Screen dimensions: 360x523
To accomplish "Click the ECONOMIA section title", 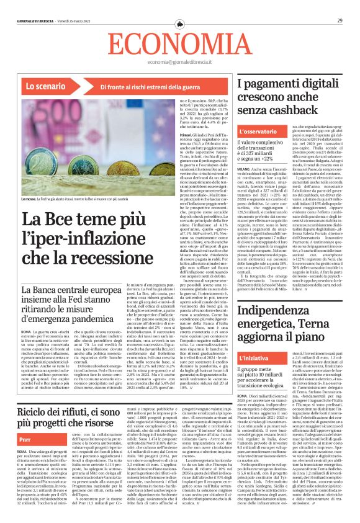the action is [179, 45].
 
